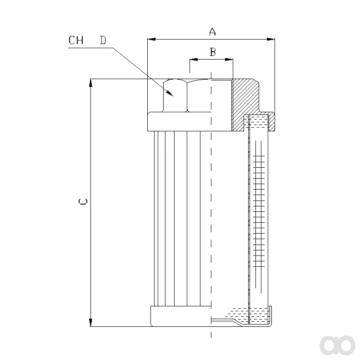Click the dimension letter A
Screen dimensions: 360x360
tap(212, 32)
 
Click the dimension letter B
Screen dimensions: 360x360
tap(213, 52)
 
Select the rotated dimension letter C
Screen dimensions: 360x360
tap(83, 201)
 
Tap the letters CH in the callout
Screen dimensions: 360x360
tap(76, 40)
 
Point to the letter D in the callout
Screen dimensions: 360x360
tap(103, 40)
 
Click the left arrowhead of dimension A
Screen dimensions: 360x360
tap(151, 39)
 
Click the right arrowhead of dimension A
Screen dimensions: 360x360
tap(271, 39)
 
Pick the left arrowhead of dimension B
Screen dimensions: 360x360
tap(194, 60)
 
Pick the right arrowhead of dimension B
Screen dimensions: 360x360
tap(229, 60)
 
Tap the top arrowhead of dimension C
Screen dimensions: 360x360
tap(91, 83)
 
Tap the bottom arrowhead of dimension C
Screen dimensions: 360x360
tap(91, 322)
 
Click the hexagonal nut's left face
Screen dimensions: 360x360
tap(175, 96)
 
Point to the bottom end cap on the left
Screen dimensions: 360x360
tap(181, 316)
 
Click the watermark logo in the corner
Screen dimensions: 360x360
tap(337, 345)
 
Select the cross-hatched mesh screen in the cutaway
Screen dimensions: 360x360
tap(259, 211)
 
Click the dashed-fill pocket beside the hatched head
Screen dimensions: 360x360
tap(259, 122)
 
